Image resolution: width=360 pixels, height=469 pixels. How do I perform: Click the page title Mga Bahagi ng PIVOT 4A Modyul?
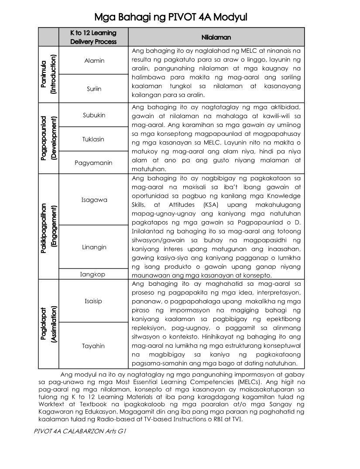tap(171, 17)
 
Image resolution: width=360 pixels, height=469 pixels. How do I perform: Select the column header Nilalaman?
tap(216, 38)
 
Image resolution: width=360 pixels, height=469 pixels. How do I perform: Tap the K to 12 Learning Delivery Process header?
tap(94, 38)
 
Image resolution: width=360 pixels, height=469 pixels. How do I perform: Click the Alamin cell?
tap(94, 61)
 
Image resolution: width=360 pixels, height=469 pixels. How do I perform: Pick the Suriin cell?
tap(94, 89)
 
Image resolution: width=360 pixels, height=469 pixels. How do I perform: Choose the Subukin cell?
tap(94, 115)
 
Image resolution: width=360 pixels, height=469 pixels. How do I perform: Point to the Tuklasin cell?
tap(94, 139)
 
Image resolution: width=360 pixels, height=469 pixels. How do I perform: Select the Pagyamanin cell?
tap(94, 163)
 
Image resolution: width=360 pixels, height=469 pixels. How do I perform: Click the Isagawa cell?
tap(94, 200)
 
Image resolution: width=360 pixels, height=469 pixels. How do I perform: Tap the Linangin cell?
tap(94, 247)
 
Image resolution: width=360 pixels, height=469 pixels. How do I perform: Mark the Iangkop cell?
tap(94, 274)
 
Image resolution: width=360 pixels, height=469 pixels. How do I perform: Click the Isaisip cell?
tap(94, 301)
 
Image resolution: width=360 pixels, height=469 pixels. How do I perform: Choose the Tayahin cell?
tap(94, 346)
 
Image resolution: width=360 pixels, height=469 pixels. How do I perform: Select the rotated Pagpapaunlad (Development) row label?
tap(48, 138)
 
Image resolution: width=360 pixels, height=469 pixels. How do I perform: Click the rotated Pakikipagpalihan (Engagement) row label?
tap(48, 226)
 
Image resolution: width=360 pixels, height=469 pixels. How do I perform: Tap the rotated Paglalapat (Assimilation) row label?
tap(48, 324)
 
